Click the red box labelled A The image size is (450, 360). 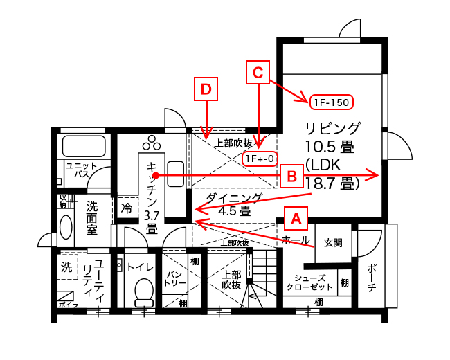coord(296,219)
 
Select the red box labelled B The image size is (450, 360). coord(291,176)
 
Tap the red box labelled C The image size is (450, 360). coord(258,72)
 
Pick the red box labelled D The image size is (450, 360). coord(206,89)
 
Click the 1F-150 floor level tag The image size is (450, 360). coord(332,102)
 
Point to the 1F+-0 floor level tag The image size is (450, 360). coord(260,159)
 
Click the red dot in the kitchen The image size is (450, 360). coord(156,175)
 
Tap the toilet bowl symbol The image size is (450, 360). coord(144,292)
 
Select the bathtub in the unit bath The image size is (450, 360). coord(84,146)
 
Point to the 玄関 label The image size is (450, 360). coord(333,243)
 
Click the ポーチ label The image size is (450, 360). coord(372,278)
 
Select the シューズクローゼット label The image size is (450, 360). coord(309,282)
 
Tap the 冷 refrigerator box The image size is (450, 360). coord(126,208)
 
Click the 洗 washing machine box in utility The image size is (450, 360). coord(67,267)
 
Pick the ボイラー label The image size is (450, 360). coord(71,305)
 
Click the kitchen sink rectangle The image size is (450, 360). coord(176,174)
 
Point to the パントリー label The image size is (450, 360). coord(174,278)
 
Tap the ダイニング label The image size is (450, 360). coord(234,198)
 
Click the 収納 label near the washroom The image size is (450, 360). coord(62,201)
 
